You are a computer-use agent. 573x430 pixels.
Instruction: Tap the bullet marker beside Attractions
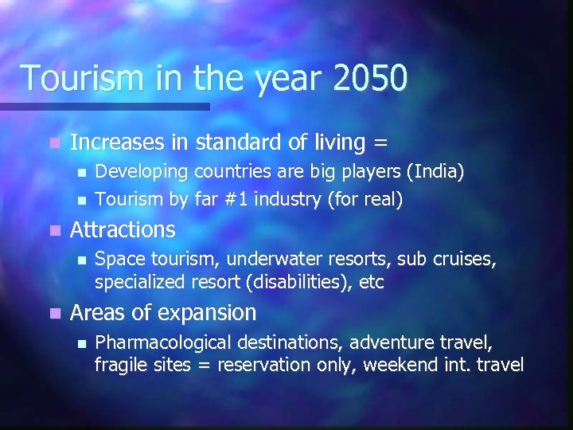tap(53, 230)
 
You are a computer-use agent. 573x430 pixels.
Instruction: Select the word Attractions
tap(123, 230)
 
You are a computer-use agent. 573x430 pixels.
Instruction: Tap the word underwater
tap(275, 260)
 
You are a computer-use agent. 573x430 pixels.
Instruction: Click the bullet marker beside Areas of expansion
tap(53, 314)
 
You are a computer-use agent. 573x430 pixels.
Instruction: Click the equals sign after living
tap(380, 143)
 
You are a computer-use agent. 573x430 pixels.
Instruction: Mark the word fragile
tap(119, 365)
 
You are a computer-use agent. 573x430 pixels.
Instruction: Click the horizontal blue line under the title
tap(103, 106)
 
